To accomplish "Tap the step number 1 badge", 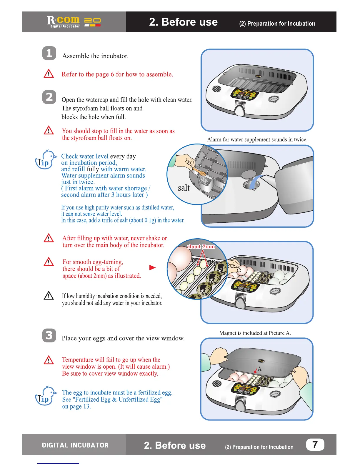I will (49, 53).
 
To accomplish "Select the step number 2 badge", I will (49, 97).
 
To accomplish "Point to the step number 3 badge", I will (49, 335).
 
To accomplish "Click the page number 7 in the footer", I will (315, 445).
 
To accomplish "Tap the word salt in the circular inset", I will (184, 188).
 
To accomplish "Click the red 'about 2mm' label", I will (201, 247).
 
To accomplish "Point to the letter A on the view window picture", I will (259, 369).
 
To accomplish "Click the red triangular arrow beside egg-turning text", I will (152, 267).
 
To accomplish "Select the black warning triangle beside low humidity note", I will (49, 295).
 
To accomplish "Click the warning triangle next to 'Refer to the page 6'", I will (49, 74).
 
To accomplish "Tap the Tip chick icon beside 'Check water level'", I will (45, 159).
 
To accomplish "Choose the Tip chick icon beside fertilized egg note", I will (45, 396).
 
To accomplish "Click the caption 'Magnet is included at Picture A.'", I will (255, 333).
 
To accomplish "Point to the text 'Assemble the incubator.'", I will (95, 56).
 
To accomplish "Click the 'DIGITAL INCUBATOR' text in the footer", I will (75, 445).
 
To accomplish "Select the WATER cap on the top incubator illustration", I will (274, 99).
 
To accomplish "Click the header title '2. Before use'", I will (184, 22).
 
